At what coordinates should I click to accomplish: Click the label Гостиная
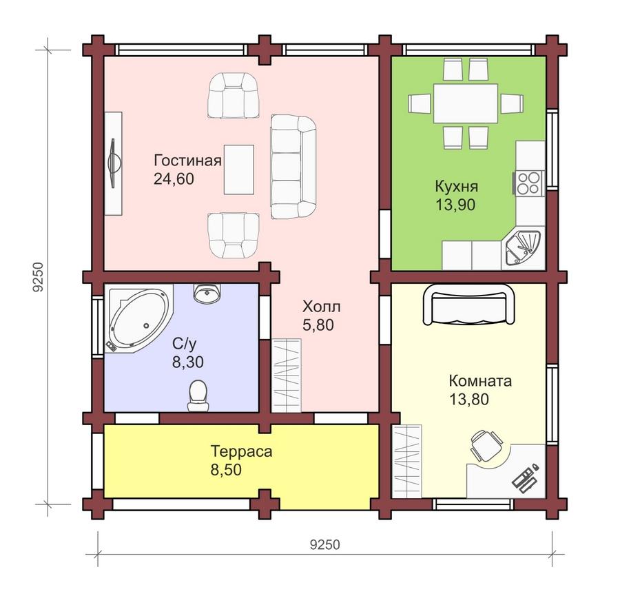point(187,161)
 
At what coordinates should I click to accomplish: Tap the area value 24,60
point(174,179)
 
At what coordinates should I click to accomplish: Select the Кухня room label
point(457,186)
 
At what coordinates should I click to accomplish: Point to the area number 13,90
point(455,205)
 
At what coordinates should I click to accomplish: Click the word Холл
point(322,307)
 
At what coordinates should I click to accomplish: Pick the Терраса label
point(242,451)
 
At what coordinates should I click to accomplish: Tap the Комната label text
point(480,381)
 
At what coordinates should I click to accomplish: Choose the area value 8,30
point(188,362)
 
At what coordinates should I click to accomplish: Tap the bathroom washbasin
point(207,293)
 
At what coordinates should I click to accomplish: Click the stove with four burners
point(527,183)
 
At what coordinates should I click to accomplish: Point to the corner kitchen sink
point(523,247)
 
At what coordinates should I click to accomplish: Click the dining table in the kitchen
point(466,103)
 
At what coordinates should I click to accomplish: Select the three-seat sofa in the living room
point(293,167)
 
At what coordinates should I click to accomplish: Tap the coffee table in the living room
point(239,169)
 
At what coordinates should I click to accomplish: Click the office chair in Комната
point(485,445)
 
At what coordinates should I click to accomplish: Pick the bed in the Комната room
point(469,303)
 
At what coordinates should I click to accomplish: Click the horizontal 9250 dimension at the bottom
point(324,544)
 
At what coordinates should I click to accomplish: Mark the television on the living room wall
point(114,163)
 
